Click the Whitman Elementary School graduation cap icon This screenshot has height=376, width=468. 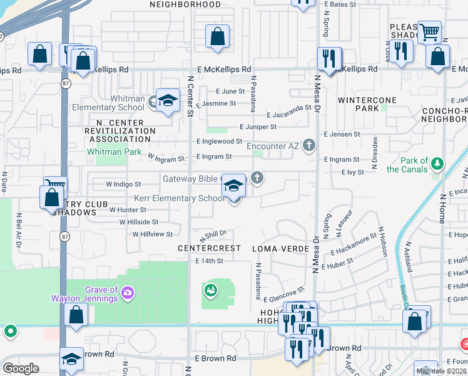coord(168,101)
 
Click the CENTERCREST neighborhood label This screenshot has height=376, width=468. coord(209,249)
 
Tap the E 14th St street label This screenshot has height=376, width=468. coord(209,261)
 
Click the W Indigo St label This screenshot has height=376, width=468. coord(123,184)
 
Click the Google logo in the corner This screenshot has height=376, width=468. coord(21,368)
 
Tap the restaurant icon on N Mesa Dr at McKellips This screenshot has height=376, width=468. coord(329,60)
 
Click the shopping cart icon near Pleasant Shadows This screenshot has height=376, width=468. coord(429,31)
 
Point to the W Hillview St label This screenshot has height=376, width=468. coord(152,234)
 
